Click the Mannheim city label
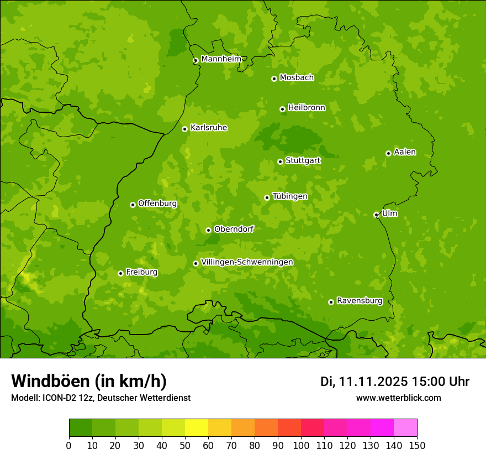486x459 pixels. pos(221,59)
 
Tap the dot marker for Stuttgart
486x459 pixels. pos(280,161)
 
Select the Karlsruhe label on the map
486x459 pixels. pos(208,128)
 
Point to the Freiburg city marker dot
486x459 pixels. pos(120,273)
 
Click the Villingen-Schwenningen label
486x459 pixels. pos(247,262)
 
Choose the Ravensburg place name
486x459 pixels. pos(359,301)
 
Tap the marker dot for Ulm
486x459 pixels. pos(376,215)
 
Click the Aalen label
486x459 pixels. pos(404,152)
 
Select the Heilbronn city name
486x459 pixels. pos(306,108)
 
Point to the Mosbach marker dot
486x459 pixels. pos(274,79)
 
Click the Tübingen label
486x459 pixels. pos(289,196)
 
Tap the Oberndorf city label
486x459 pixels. pos(234,229)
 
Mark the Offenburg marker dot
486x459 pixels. pos(133,205)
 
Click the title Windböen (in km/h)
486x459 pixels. pos(89,381)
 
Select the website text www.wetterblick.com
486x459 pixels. pos(398,398)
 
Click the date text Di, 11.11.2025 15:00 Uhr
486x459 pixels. pos(394,382)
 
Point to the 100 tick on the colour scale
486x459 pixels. pos(301,445)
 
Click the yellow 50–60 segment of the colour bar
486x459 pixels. pos(197,428)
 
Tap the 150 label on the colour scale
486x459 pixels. pos(417,445)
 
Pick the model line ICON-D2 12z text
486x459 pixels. pos(101,398)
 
